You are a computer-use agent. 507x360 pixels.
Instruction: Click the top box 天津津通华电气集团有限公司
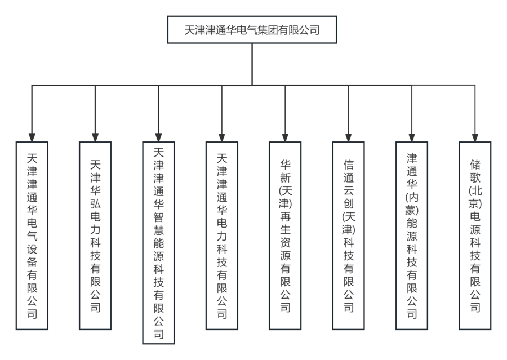(x=252, y=30)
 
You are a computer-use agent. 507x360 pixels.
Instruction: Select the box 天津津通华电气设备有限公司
(x=32, y=235)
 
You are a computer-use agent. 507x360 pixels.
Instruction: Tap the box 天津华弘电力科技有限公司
(x=95, y=235)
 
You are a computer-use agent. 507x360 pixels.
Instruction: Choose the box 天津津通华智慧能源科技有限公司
(x=158, y=242)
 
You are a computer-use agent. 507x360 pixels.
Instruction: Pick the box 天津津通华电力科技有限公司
(x=222, y=235)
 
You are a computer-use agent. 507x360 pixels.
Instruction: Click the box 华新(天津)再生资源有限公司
(x=285, y=235)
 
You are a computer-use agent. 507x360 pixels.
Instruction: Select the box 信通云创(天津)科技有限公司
(x=348, y=235)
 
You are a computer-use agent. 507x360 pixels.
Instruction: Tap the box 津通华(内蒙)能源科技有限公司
(x=412, y=235)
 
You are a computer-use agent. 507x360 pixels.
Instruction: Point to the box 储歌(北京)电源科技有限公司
(x=475, y=235)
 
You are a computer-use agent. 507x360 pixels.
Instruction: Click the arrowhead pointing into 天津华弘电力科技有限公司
(x=95, y=137)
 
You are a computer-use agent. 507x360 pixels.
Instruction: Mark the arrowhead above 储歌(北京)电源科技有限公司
(x=475, y=137)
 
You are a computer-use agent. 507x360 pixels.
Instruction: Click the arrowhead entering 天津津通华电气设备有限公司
(x=32, y=137)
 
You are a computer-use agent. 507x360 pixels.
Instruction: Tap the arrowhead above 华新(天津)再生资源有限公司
(x=285, y=137)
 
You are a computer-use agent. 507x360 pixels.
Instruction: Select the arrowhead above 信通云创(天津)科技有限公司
(x=348, y=137)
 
